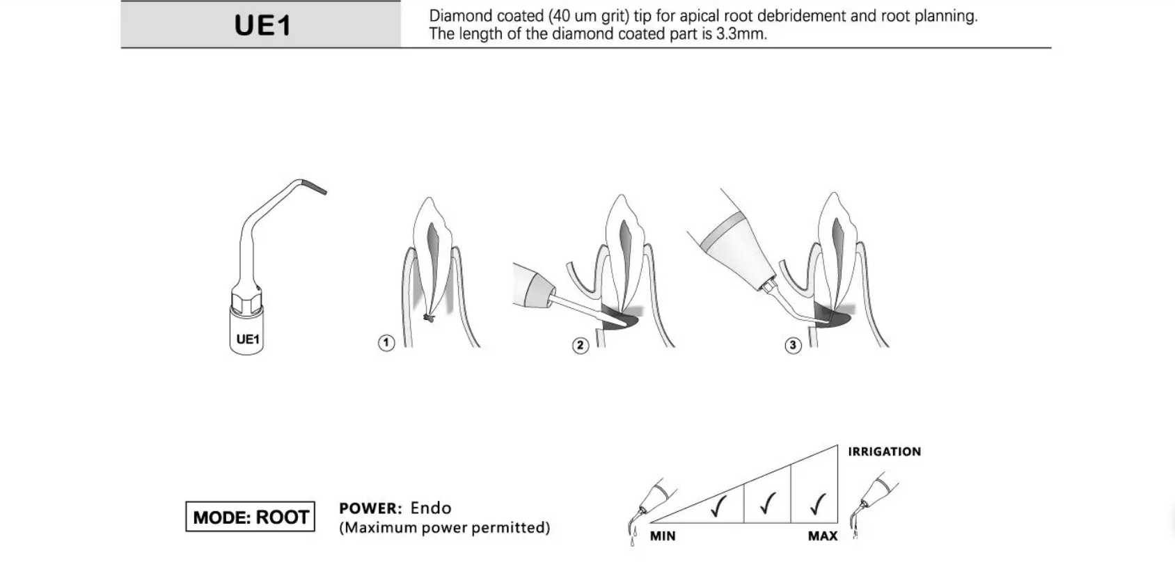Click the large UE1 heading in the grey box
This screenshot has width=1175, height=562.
(x=262, y=26)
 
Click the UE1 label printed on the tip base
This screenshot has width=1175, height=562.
(x=247, y=339)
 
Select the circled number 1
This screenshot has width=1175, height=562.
(x=386, y=342)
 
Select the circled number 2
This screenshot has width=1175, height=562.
(x=580, y=345)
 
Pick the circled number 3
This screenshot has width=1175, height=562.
(x=793, y=345)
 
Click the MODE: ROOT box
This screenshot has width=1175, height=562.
(x=251, y=517)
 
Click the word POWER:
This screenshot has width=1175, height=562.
(x=370, y=508)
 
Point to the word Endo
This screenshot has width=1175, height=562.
(x=431, y=508)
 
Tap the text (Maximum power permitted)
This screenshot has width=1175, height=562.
(x=445, y=527)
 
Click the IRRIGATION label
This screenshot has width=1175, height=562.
(x=884, y=451)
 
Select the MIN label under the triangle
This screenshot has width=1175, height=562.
(x=663, y=536)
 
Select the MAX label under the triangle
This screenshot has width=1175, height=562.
(x=822, y=536)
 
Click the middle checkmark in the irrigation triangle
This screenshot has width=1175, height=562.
(x=768, y=503)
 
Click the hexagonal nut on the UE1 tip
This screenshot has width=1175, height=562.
(x=247, y=303)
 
